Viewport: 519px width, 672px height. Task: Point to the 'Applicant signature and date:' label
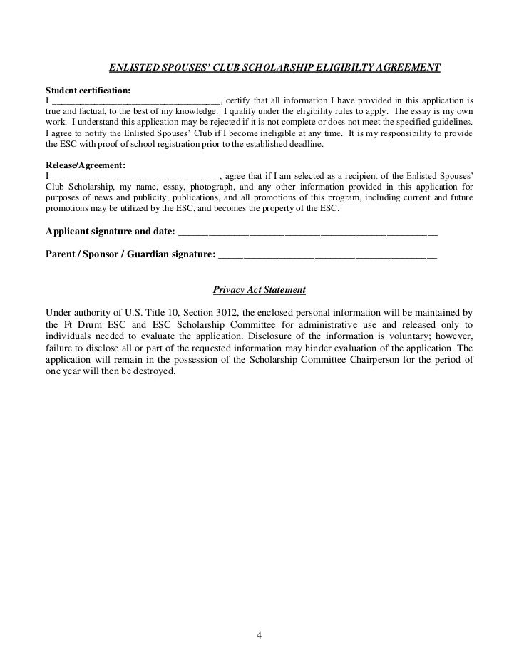pos(110,232)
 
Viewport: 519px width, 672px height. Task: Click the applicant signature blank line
pos(307,232)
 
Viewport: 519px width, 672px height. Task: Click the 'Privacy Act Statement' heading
pos(259,291)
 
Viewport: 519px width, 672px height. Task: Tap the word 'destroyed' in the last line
pos(153,372)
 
